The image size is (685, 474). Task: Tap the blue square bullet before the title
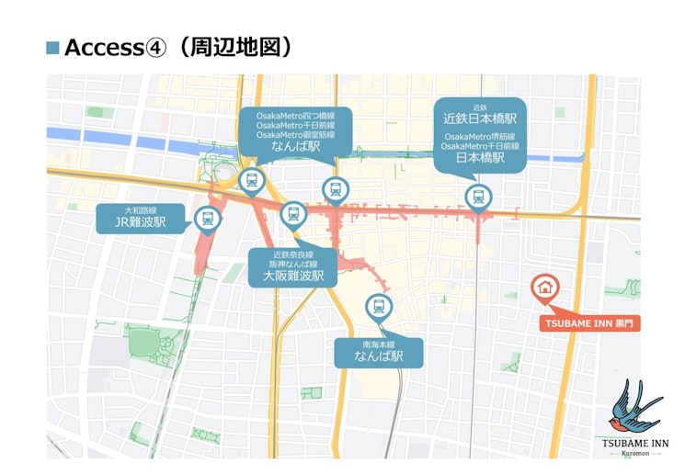[x=52, y=48]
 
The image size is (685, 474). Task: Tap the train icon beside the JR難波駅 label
[x=207, y=219]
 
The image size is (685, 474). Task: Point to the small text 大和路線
[x=141, y=210]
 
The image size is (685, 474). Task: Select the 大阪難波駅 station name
[x=292, y=275]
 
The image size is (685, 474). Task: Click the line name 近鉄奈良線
[x=292, y=252]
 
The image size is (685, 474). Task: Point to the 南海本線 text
[x=379, y=345]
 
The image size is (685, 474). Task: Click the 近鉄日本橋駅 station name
[x=479, y=119]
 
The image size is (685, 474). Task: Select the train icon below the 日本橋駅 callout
[x=477, y=196]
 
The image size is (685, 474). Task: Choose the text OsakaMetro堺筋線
[x=479, y=136]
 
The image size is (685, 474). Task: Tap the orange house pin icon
[x=544, y=287]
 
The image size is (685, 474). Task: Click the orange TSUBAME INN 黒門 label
[x=589, y=323]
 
